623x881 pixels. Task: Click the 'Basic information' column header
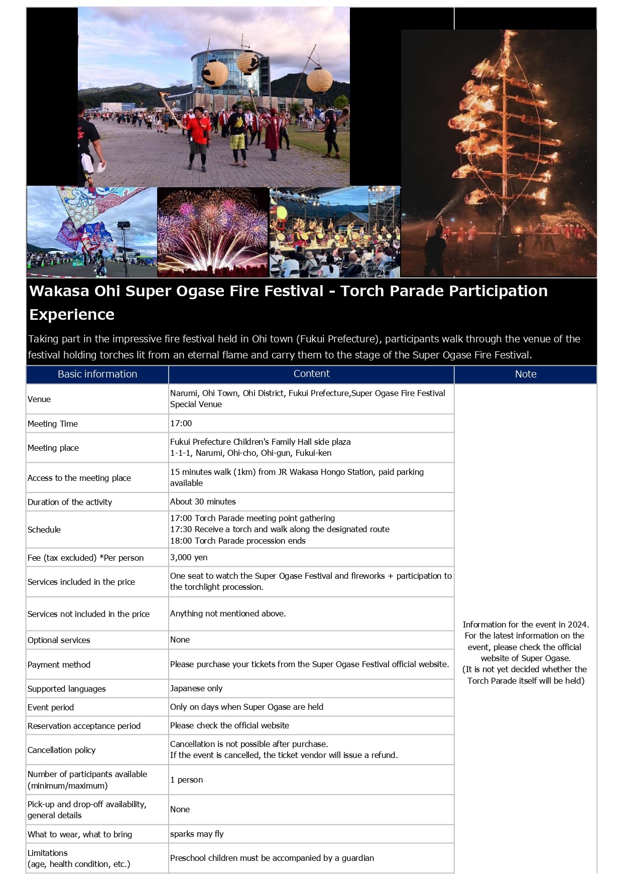(97, 374)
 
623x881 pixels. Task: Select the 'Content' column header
(311, 373)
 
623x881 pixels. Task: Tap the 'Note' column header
(526, 374)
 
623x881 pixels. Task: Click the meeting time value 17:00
(181, 423)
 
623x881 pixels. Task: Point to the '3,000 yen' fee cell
(189, 557)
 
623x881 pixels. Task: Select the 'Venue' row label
(39, 399)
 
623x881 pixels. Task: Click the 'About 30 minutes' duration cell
(203, 501)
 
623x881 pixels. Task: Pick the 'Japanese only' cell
(196, 688)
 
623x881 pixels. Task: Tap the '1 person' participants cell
(187, 780)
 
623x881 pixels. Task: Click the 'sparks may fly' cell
(197, 834)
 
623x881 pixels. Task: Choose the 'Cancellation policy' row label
(62, 750)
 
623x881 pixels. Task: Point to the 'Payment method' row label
(59, 665)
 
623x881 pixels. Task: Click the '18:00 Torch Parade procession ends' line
(238, 541)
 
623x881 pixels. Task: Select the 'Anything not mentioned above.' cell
(228, 613)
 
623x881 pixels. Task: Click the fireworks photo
(213, 232)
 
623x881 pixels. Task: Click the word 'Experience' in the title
(72, 314)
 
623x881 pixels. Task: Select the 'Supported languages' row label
(67, 689)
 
